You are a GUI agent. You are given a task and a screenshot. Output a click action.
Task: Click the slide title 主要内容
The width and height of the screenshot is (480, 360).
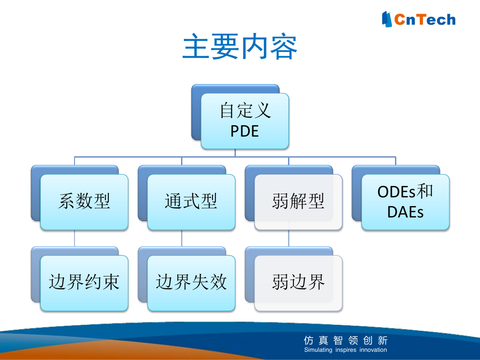(240, 46)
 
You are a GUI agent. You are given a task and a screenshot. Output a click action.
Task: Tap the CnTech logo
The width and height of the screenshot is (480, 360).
(418, 19)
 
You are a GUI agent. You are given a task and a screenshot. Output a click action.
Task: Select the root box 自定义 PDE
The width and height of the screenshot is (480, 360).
(245, 121)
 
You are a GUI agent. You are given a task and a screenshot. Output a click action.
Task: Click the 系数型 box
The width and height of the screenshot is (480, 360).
(84, 202)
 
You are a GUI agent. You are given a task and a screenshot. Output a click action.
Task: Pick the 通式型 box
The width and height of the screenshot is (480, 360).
(192, 202)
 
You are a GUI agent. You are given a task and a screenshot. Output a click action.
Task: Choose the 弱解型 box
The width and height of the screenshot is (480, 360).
(298, 202)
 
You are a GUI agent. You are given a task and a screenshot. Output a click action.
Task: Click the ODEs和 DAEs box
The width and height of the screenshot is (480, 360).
(405, 202)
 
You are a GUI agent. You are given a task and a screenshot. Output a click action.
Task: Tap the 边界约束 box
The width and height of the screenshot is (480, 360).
(84, 283)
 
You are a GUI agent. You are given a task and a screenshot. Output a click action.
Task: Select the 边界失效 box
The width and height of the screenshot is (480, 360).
(192, 283)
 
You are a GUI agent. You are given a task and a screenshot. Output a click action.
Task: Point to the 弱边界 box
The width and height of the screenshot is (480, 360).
(298, 283)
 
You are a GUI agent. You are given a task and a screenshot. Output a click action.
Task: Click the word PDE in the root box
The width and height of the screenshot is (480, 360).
(245, 131)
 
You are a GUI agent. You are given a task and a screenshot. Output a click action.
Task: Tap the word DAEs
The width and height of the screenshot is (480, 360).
(405, 212)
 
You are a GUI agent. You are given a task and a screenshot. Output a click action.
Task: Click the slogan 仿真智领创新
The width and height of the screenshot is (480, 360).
(346, 340)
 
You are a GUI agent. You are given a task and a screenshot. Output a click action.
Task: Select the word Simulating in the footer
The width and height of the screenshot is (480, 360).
(318, 349)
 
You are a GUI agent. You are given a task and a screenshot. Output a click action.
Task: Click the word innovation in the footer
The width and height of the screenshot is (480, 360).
(373, 349)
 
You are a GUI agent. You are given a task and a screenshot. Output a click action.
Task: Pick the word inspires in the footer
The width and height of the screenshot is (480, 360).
(346, 350)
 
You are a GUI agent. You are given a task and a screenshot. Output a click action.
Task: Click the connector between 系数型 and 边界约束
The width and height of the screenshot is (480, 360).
(75, 238)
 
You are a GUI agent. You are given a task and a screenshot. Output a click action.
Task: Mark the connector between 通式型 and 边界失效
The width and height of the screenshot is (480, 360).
(181, 238)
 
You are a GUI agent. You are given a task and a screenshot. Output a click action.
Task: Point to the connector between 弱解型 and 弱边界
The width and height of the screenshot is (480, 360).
(288, 238)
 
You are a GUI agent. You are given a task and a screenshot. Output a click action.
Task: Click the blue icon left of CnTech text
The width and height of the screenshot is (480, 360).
(387, 19)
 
